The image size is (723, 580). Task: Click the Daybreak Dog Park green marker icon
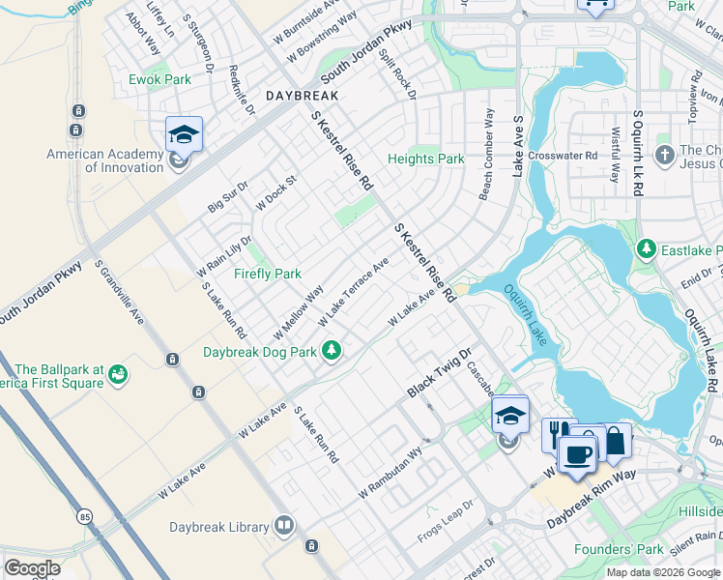[x=332, y=350]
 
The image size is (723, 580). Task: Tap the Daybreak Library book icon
[x=284, y=526]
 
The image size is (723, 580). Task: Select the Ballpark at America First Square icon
[x=119, y=373]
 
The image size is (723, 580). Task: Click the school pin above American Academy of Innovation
[x=183, y=134]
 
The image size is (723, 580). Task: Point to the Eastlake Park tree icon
[x=646, y=250]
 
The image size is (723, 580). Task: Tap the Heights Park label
[x=425, y=159]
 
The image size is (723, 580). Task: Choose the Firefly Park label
[x=268, y=274]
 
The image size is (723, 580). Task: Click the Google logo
[x=32, y=568]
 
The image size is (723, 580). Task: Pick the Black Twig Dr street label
[x=438, y=372]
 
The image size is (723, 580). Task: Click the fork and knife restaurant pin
[x=557, y=434]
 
